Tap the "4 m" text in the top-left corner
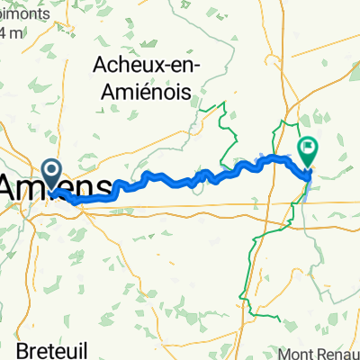point(11,33)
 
